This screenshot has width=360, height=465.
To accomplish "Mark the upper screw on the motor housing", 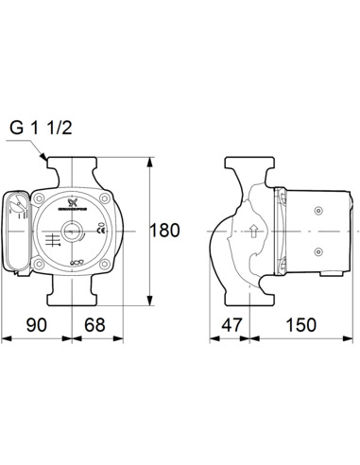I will [317, 204].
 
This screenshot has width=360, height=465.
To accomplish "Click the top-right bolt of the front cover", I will [106, 198].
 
